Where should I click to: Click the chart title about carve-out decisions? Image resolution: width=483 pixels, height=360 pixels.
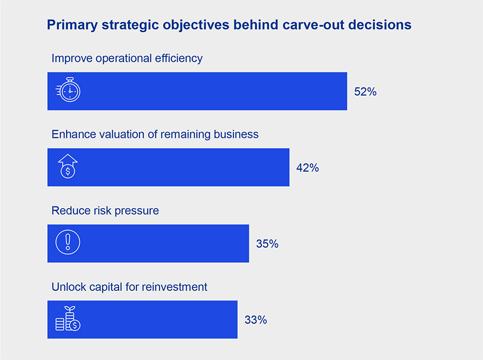[x=229, y=25]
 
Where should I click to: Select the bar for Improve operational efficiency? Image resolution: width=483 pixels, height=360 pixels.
[x=215, y=91]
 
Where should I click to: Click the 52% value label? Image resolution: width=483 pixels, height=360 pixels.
[x=365, y=92]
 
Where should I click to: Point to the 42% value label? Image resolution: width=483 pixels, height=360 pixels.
[x=308, y=168]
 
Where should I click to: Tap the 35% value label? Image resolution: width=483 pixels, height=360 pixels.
[x=267, y=244]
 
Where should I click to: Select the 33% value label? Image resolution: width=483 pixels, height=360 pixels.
[x=255, y=320]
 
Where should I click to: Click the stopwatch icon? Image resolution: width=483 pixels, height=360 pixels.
[x=68, y=91]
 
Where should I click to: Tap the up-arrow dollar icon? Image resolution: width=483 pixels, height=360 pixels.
[x=68, y=167]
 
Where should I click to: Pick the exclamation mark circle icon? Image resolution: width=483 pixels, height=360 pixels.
[x=68, y=243]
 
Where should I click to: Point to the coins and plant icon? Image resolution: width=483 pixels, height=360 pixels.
[x=68, y=319]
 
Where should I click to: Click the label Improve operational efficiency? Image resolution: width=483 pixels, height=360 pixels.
[x=127, y=58]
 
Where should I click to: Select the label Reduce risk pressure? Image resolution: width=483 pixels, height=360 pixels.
[x=105, y=211]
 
